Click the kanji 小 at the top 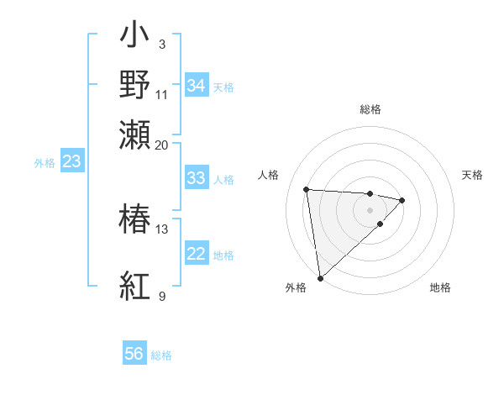pos(135,36)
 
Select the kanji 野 pos(135,84)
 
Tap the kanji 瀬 pos(135,134)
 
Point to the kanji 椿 pos(135,219)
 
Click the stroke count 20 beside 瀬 pos(161,145)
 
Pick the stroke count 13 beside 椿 pos(161,229)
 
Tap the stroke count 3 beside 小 pos(161,44)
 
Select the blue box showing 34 pos(196,86)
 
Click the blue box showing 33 pos(196,178)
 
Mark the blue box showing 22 pos(196,254)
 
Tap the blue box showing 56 pos(134,354)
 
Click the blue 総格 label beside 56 pos(161,355)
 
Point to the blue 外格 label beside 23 pos(44,163)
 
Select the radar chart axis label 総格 pos(370,109)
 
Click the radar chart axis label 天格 pos(472,175)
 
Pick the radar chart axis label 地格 pos(440,287)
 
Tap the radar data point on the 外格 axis pos(320,277)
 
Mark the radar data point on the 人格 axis pos(307,188)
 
